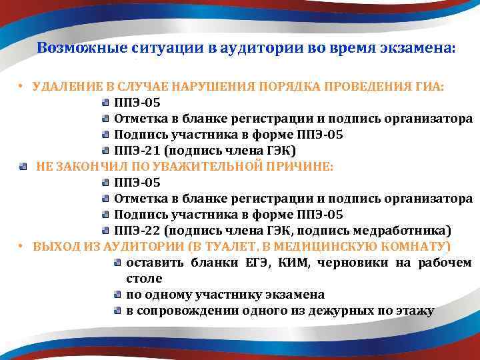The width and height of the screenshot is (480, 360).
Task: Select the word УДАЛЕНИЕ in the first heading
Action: (x=63, y=87)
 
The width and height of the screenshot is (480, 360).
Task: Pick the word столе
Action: (x=143, y=278)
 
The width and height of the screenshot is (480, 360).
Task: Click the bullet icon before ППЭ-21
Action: (x=105, y=151)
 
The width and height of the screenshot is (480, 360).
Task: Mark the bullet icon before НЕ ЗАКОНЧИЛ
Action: (x=23, y=167)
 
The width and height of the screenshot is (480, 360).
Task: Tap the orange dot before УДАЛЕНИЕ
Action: (x=21, y=87)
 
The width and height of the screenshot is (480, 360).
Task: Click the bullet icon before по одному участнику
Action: (x=117, y=294)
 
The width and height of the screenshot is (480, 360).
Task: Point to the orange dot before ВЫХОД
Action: (x=21, y=247)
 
